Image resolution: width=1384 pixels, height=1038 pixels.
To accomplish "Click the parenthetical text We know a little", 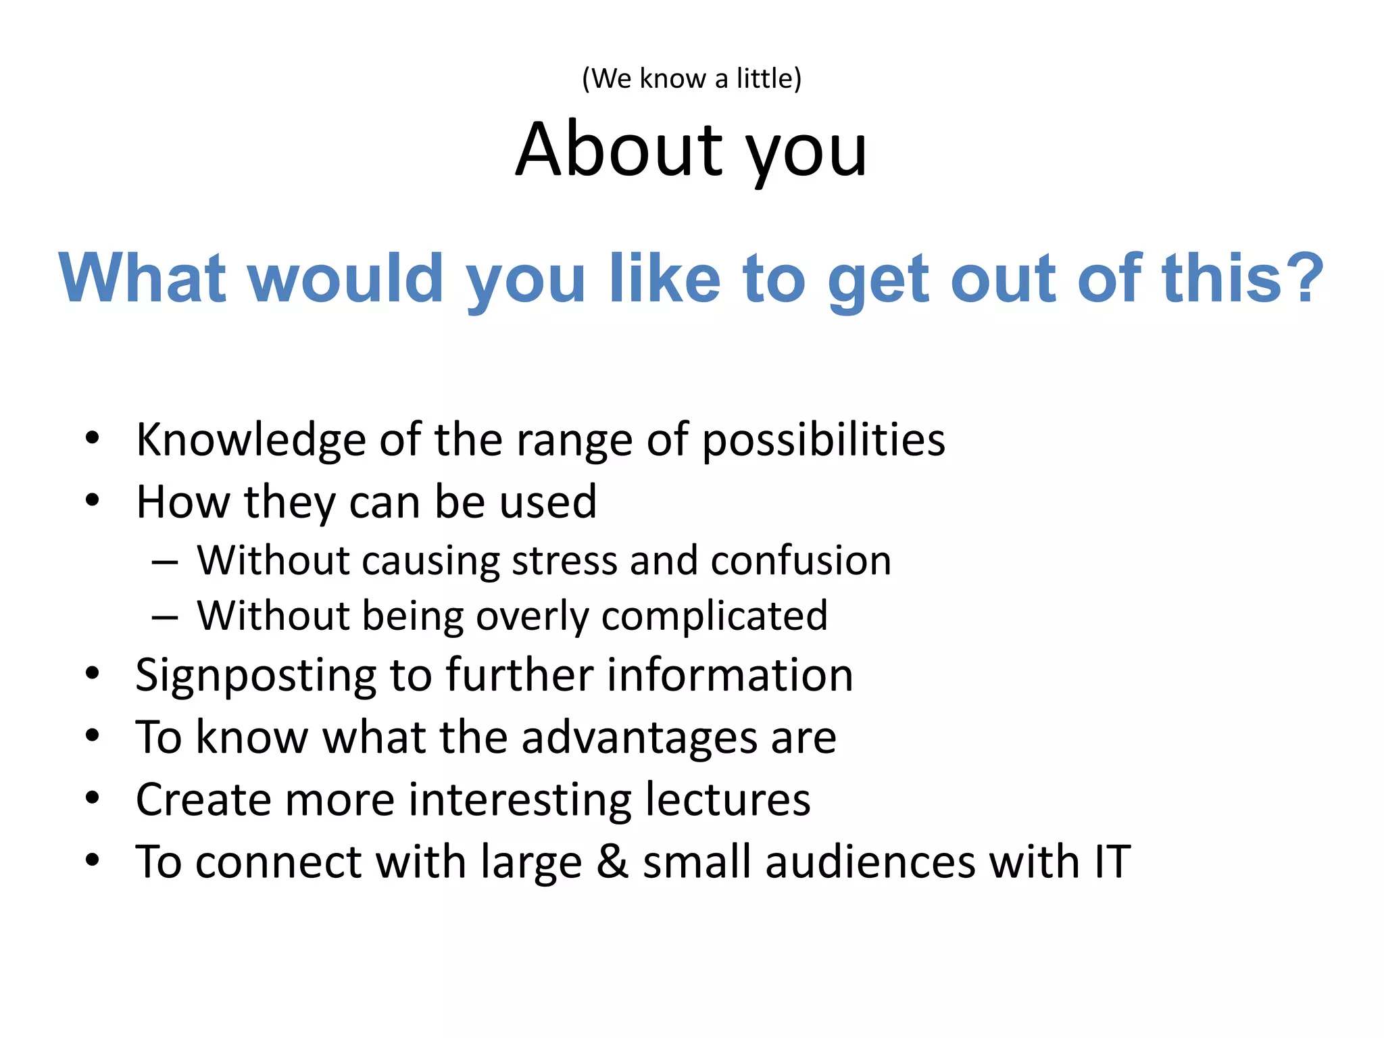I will point(691,78).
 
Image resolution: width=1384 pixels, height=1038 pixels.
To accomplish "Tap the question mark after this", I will point(1304,278).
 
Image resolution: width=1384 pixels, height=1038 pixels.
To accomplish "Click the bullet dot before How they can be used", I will point(93,501).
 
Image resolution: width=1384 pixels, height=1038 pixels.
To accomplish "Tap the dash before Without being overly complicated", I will point(165,617).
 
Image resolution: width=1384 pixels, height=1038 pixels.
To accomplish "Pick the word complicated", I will point(714,617).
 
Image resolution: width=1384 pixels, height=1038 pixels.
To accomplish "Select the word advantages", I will point(639,737).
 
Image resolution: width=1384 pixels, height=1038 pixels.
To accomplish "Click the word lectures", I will point(727,799).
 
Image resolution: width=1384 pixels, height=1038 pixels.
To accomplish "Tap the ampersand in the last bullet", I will point(612,862).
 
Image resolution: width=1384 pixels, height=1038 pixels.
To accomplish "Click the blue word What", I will point(142,278).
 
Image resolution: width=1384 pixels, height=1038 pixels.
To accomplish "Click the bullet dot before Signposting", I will point(93,674).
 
